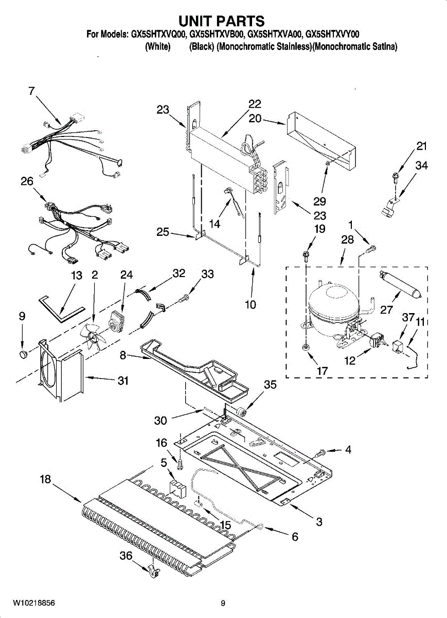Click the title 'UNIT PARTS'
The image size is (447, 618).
click(x=222, y=21)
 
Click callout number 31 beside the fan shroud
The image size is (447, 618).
click(x=123, y=381)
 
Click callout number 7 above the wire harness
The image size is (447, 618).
click(x=31, y=91)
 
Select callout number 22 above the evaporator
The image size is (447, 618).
click(x=255, y=104)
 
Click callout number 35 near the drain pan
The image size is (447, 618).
click(x=270, y=384)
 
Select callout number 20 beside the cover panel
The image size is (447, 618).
click(x=255, y=118)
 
